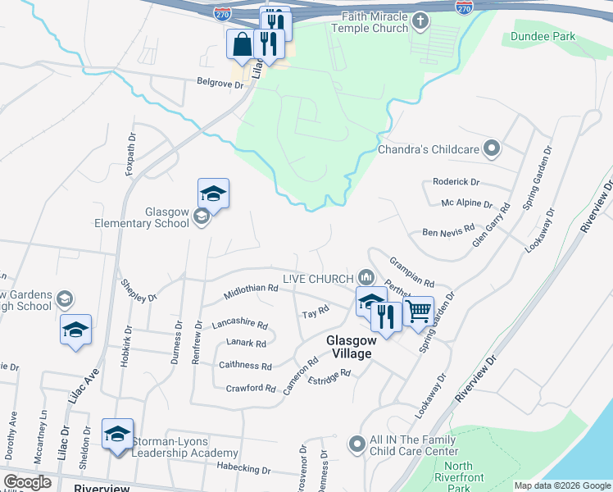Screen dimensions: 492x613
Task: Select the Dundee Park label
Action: pos(543,37)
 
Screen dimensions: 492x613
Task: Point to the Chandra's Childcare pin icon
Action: pos(491,148)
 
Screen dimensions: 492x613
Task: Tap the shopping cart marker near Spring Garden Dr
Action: pos(419,312)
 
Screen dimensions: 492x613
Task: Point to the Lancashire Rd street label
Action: pos(240,325)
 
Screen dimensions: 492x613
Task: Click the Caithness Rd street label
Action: pos(245,366)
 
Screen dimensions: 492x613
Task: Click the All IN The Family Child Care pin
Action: pos(356,444)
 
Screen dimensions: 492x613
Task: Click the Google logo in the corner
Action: pos(28,481)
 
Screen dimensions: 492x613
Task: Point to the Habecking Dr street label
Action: pos(243,470)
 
